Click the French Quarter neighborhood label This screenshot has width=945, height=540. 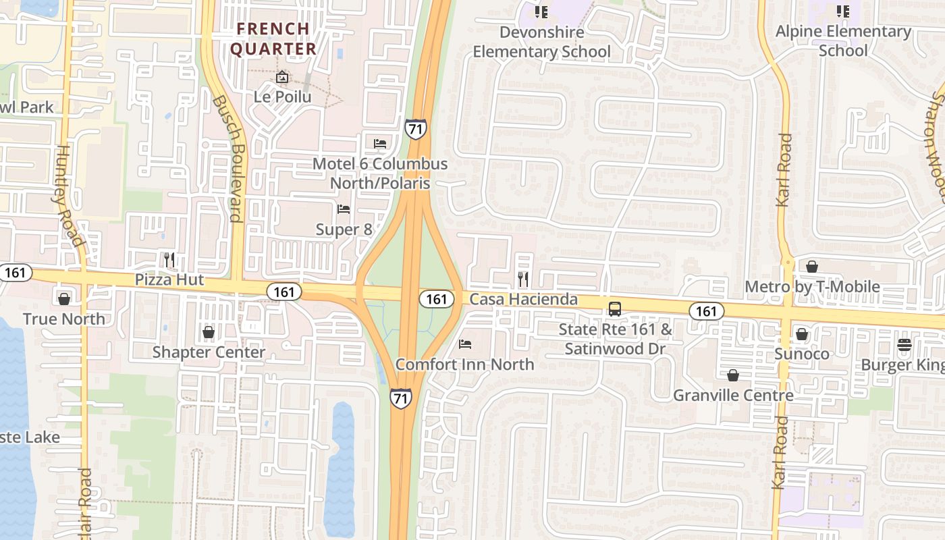(273, 39)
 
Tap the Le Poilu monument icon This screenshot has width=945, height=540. (282, 78)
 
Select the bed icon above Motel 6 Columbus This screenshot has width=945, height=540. (380, 143)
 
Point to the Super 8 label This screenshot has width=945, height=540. (344, 230)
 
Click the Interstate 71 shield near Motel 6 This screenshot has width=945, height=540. (416, 128)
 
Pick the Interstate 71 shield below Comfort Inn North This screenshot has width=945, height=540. (400, 397)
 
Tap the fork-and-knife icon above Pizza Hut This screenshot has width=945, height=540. (169, 259)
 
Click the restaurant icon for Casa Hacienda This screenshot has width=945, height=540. (523, 279)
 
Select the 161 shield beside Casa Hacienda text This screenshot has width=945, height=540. (436, 298)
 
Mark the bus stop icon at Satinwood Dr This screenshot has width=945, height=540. (615, 309)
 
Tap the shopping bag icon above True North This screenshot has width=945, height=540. (64, 298)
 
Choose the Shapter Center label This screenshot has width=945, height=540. (209, 352)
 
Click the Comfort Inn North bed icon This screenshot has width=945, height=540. (465, 344)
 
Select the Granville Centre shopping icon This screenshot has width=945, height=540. (733, 375)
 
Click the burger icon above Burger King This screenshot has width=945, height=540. (905, 345)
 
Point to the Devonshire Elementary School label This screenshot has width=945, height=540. (541, 42)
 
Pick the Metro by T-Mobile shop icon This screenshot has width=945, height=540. (812, 267)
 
